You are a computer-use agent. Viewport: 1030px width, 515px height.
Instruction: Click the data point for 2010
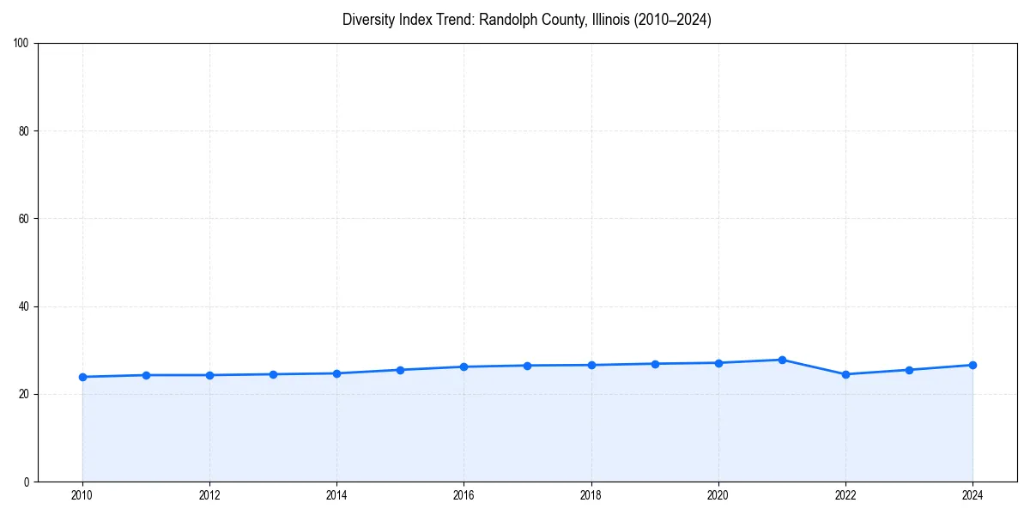[x=82, y=377]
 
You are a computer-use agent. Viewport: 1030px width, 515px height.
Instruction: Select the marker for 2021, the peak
[x=782, y=360]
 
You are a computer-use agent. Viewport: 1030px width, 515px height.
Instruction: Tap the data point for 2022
[x=845, y=374]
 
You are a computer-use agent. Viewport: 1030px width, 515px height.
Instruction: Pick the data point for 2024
[x=972, y=365]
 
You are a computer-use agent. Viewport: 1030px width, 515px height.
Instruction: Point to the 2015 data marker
[x=400, y=370]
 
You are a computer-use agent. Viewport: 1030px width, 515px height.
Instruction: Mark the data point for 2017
[x=527, y=366]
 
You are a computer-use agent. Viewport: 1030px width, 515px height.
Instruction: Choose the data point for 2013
[x=273, y=374]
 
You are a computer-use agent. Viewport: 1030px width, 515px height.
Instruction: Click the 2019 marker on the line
[x=655, y=364]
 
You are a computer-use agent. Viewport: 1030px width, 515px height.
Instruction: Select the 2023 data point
[x=909, y=370]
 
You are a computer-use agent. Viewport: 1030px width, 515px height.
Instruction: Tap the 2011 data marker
[x=146, y=375]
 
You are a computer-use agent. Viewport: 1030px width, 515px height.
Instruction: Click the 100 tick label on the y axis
[x=21, y=44]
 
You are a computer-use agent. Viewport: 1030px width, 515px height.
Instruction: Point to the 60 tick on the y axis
[x=24, y=219]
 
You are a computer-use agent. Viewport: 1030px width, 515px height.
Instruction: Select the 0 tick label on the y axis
[x=27, y=482]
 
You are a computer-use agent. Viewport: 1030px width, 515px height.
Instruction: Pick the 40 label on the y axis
[x=24, y=306]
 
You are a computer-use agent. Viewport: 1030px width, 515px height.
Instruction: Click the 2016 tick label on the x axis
[x=463, y=494]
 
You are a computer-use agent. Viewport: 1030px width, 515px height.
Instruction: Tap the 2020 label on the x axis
[x=718, y=494]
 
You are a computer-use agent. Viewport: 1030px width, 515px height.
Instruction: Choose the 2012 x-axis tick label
[x=209, y=494]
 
